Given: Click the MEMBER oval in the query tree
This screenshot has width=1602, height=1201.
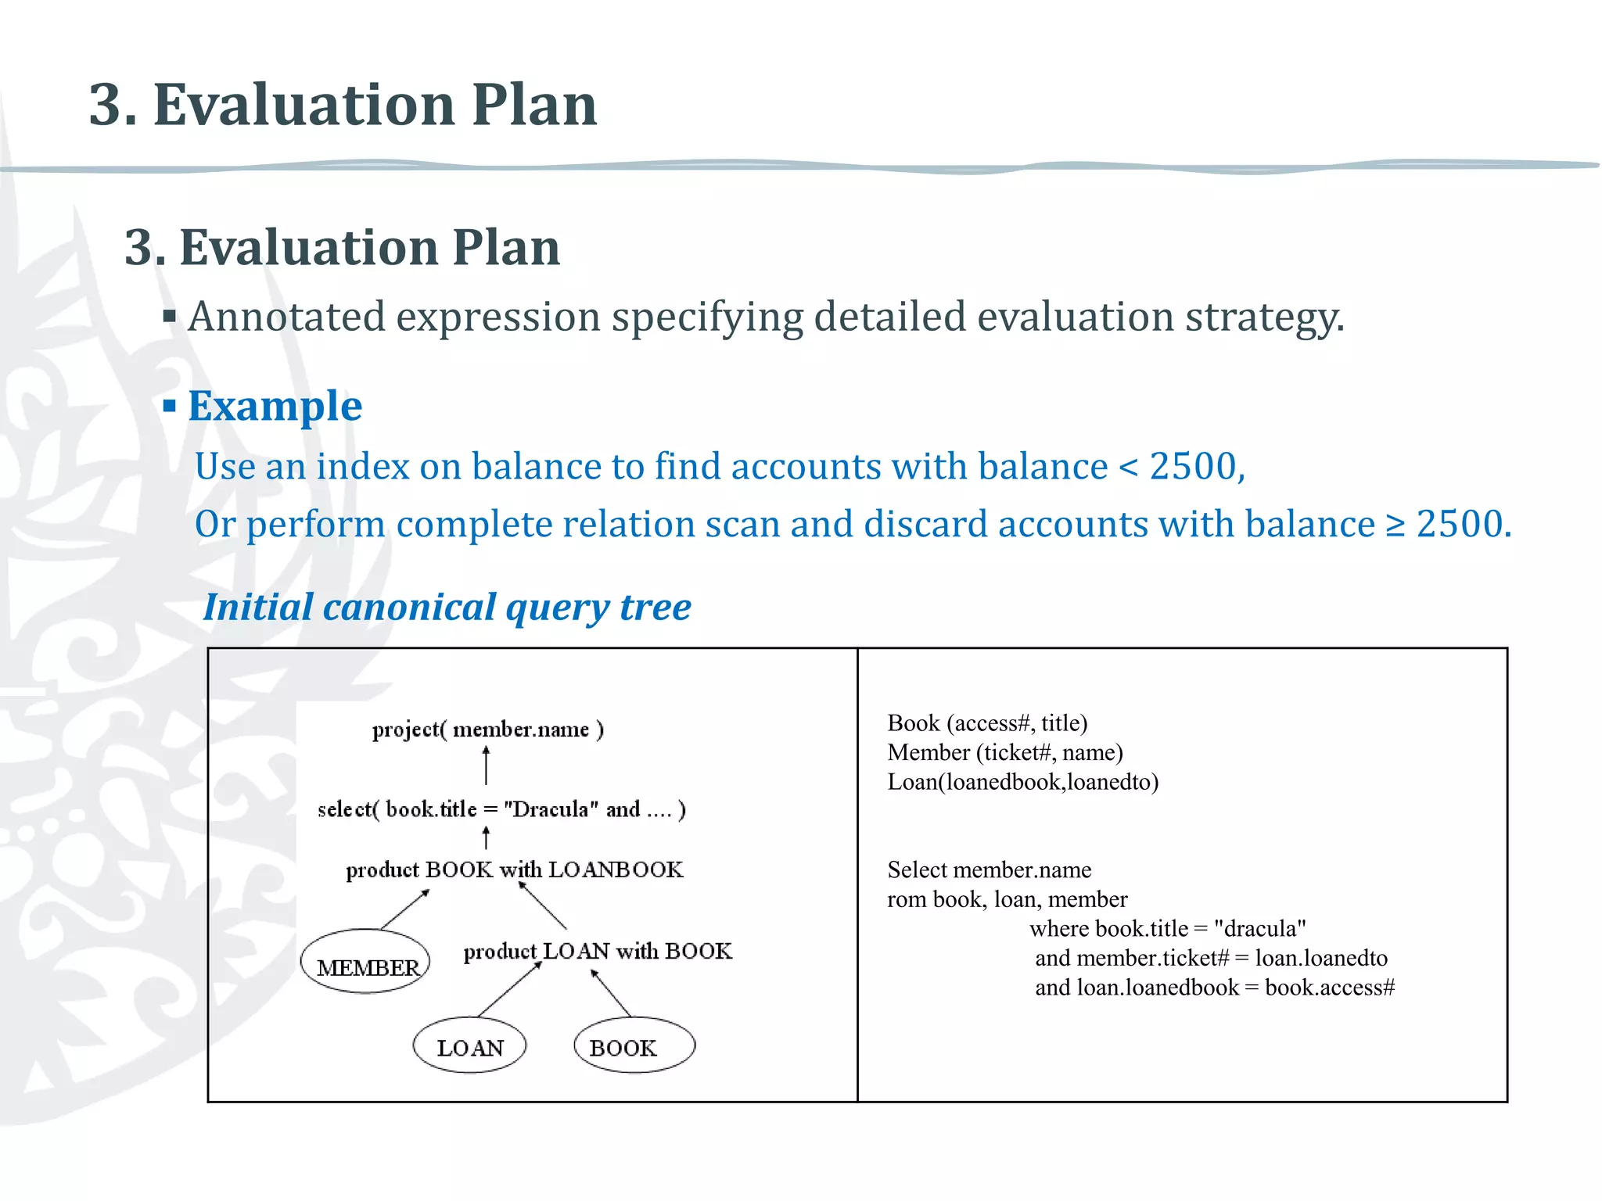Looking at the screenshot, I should coord(365,962).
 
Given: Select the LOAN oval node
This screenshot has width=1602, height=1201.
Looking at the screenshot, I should coord(469,1046).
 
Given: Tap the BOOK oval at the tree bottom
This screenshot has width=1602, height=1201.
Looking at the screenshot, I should coord(634,1046).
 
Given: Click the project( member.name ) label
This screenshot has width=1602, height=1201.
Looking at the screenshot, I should coord(487,730).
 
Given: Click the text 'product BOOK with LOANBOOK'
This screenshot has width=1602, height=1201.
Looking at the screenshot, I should coord(514,869).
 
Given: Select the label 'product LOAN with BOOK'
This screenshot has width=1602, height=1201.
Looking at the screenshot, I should coord(598,951).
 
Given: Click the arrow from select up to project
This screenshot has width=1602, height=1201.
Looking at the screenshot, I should coord(487,765).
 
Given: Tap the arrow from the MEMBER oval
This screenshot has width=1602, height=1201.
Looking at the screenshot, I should coord(405,909).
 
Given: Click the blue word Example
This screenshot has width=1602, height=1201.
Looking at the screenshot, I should coord(275,406).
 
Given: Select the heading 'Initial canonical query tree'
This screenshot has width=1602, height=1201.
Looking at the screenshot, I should coord(447,608).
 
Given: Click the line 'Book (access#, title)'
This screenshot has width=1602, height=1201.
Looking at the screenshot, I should coord(987,723).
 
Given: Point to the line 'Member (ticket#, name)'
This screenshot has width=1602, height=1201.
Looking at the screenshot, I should coord(1004,752).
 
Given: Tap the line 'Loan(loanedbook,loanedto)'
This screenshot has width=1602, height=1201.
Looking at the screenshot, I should coord(1022,782).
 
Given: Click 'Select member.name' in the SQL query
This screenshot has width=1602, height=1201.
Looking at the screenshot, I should coord(989,869).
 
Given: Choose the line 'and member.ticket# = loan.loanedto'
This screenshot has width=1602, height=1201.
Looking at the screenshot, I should coord(1211,958).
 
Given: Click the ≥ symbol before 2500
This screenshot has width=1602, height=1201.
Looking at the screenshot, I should coord(1395,524).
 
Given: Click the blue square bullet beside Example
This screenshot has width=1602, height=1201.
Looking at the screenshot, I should coord(170,406).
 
